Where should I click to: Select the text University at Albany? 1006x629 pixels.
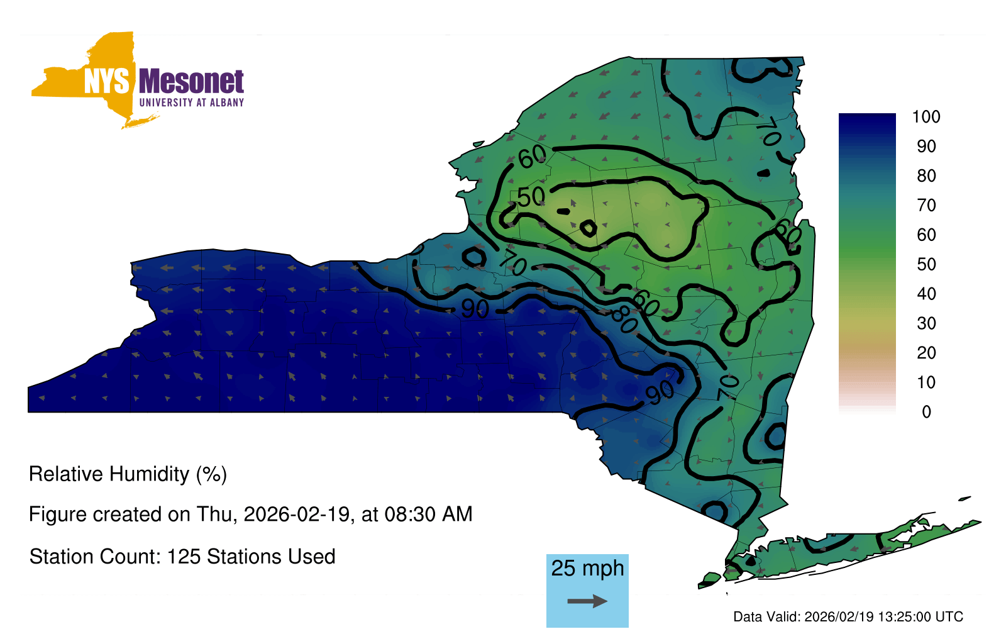click(x=192, y=103)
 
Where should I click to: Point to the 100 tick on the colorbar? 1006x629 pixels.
click(x=926, y=117)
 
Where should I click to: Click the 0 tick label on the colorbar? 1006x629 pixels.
click(x=926, y=411)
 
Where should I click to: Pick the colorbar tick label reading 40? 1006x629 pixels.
click(x=926, y=294)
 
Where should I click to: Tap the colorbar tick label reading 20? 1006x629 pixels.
click(x=926, y=353)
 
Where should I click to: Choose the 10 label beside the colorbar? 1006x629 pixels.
click(x=926, y=382)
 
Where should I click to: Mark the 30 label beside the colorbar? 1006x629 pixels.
click(x=926, y=323)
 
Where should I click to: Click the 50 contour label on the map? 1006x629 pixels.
click(x=531, y=197)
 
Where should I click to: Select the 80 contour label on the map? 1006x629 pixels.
click(x=624, y=321)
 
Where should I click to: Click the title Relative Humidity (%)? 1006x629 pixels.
click(x=128, y=474)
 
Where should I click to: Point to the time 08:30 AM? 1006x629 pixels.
click(x=428, y=514)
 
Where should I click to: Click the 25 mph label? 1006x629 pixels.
click(x=587, y=569)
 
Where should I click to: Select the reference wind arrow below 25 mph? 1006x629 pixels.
click(x=587, y=601)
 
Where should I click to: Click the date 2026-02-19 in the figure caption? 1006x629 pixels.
click(x=296, y=514)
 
